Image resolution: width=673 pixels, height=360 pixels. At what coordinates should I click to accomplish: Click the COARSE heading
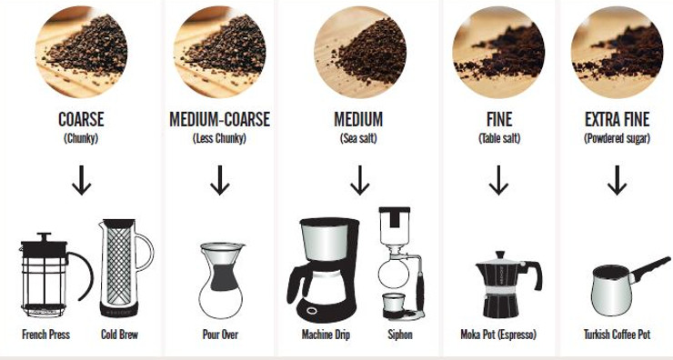pos(82,120)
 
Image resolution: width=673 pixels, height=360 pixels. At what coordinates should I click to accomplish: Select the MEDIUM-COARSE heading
pos(220,120)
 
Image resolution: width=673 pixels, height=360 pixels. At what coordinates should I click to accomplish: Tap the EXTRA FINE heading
pos(617,120)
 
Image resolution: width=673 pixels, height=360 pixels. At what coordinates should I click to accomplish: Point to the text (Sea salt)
pos(359,139)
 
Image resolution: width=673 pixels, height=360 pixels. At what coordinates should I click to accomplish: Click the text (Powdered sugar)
pos(617,139)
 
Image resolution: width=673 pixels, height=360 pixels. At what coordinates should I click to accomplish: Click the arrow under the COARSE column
pos(82,182)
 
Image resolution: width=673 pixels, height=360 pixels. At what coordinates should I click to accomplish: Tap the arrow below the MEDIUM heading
pos(359,182)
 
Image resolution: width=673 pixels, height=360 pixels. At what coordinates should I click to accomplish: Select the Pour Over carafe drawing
pos(221,278)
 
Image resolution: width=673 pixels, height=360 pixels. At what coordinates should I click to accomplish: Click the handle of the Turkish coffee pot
pos(649,267)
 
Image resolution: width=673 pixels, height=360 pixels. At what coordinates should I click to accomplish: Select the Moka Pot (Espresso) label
pos(498,335)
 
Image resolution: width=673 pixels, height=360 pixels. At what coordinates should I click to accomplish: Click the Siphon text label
pos(399,335)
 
